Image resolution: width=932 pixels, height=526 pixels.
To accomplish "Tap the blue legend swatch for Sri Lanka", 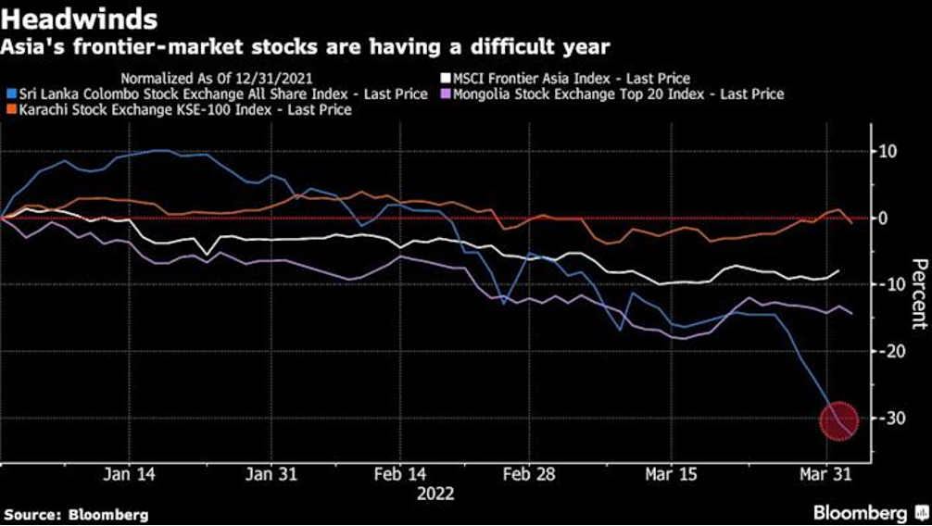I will click(x=9, y=94).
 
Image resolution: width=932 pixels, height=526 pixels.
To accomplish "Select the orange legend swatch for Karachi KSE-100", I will click(x=9, y=110).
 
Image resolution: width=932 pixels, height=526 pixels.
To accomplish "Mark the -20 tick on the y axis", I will click(x=890, y=352).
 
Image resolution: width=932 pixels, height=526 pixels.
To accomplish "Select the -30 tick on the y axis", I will click(x=890, y=419).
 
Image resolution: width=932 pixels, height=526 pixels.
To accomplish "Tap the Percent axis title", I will click(x=917, y=294).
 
